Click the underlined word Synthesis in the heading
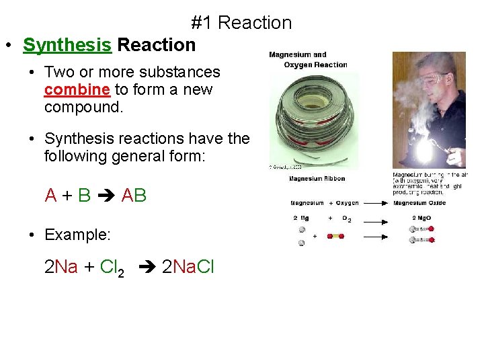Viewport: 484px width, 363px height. pos(67,45)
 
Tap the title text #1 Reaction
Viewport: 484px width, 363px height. pos(241,22)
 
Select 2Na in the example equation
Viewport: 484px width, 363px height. pos(61,267)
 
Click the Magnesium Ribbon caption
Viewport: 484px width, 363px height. pos(317,178)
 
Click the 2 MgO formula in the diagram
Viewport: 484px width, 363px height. pos(421,218)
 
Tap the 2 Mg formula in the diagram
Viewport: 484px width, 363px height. pos(300,218)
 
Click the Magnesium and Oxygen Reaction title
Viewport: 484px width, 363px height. pos(307,60)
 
